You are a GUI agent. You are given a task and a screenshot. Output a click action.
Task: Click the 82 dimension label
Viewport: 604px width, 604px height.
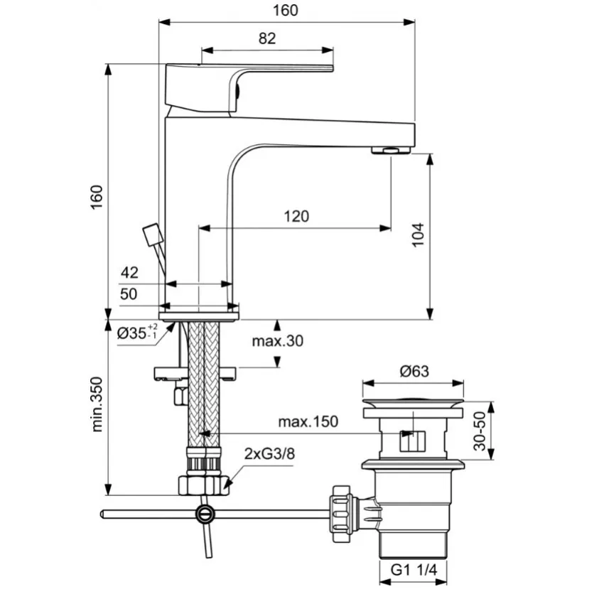point(267,38)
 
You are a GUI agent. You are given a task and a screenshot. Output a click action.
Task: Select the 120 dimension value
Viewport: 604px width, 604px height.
point(296,217)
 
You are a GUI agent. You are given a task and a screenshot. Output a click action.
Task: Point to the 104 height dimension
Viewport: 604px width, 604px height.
point(418,234)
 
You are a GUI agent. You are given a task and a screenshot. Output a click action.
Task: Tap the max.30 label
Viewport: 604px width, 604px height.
point(277,341)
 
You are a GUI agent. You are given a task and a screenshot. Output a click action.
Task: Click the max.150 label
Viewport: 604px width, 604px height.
point(308,422)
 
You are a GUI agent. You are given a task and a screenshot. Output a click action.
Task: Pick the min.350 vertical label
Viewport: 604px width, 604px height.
point(97,404)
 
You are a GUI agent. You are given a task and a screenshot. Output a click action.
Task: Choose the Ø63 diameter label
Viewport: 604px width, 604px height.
point(414,372)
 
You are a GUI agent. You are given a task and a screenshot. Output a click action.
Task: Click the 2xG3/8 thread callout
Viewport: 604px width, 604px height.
point(269,454)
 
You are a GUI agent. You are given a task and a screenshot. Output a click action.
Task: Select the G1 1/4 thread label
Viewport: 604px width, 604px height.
point(414,570)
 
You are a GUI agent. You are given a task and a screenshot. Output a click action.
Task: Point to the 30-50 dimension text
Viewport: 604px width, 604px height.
point(480,431)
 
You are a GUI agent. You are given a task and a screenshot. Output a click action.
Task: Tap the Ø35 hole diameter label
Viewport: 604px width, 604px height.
point(137,332)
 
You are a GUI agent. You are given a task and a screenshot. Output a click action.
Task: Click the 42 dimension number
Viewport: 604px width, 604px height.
point(129,273)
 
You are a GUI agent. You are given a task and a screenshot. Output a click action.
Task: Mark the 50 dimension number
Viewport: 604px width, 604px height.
point(129,294)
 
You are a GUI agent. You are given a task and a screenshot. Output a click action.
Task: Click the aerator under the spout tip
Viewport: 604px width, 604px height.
point(391,150)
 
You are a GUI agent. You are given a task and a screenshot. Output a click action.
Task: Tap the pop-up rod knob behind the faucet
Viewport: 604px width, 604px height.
point(153,234)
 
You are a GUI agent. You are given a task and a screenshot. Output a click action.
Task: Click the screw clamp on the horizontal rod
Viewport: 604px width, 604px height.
point(204,514)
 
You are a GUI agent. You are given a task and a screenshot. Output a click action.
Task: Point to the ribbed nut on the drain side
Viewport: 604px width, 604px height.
point(341,514)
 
